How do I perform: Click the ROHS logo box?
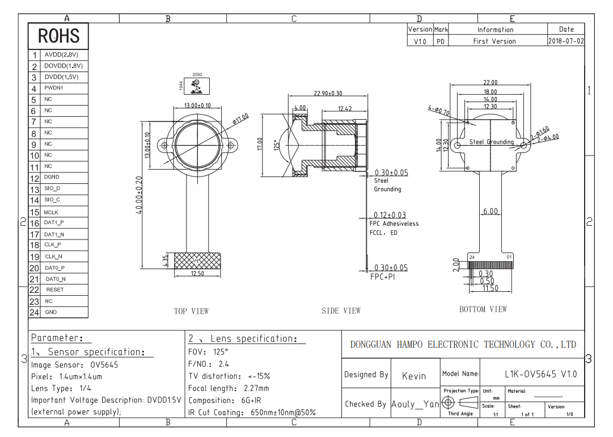pyautogui.click(x=58, y=36)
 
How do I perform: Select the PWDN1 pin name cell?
pyautogui.click(x=54, y=88)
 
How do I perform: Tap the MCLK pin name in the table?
pyautogui.click(x=51, y=212)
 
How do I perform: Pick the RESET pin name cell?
pyautogui.click(x=55, y=289)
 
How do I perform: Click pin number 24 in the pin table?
pyautogui.click(x=35, y=312)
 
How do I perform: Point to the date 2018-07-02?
pyautogui.click(x=566, y=41)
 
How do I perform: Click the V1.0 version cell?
pyautogui.click(x=420, y=41)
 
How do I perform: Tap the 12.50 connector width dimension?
pyautogui.click(x=197, y=274)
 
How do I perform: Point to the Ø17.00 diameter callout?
pyautogui.click(x=240, y=119)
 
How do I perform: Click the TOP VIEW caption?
pyautogui.click(x=191, y=311)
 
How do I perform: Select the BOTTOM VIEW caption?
pyautogui.click(x=483, y=309)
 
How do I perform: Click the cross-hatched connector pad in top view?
pyautogui.click(x=197, y=260)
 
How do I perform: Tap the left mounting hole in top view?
pyautogui.click(x=165, y=145)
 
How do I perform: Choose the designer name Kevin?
pyautogui.click(x=414, y=376)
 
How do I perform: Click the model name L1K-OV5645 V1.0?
pyautogui.click(x=540, y=374)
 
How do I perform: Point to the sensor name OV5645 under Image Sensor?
pyautogui.click(x=104, y=365)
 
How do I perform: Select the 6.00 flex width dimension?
pyautogui.click(x=491, y=211)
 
